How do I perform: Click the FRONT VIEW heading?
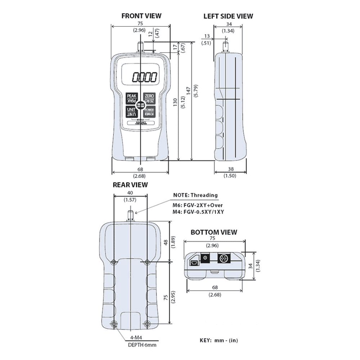coord(141,16)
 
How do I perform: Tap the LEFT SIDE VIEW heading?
coord(228,16)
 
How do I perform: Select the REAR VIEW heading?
coord(130,185)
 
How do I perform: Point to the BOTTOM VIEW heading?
coord(214,232)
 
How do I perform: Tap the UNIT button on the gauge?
coord(131,112)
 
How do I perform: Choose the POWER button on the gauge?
coord(149,112)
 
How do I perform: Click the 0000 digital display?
coord(144,77)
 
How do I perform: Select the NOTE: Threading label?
coord(195,195)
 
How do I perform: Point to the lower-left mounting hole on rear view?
coord(114,324)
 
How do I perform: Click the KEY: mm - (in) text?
coord(219,340)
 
